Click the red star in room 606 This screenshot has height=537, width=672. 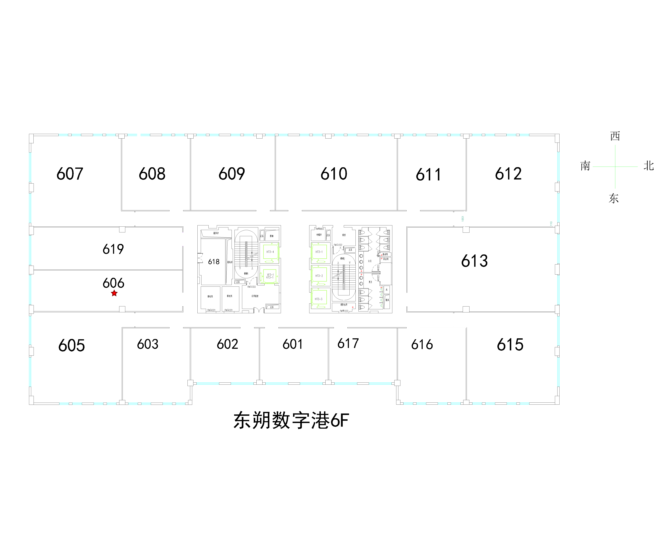[114, 293]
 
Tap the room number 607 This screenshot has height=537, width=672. [70, 174]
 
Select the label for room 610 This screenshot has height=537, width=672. [334, 174]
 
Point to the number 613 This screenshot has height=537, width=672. [474, 261]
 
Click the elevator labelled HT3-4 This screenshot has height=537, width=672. [270, 252]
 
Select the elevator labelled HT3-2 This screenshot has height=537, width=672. [319, 276]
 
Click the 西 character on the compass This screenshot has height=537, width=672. [615, 136]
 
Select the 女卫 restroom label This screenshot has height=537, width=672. [370, 261]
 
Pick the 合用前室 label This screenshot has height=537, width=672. [255, 296]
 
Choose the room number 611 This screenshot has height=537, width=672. [429, 175]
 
